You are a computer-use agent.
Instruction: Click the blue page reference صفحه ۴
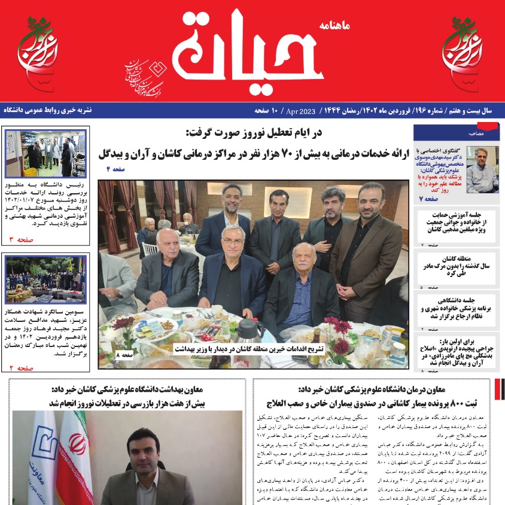tap(117, 170)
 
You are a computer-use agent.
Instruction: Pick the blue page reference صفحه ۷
tap(428, 198)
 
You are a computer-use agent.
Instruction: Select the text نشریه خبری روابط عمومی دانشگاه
tap(48, 111)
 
